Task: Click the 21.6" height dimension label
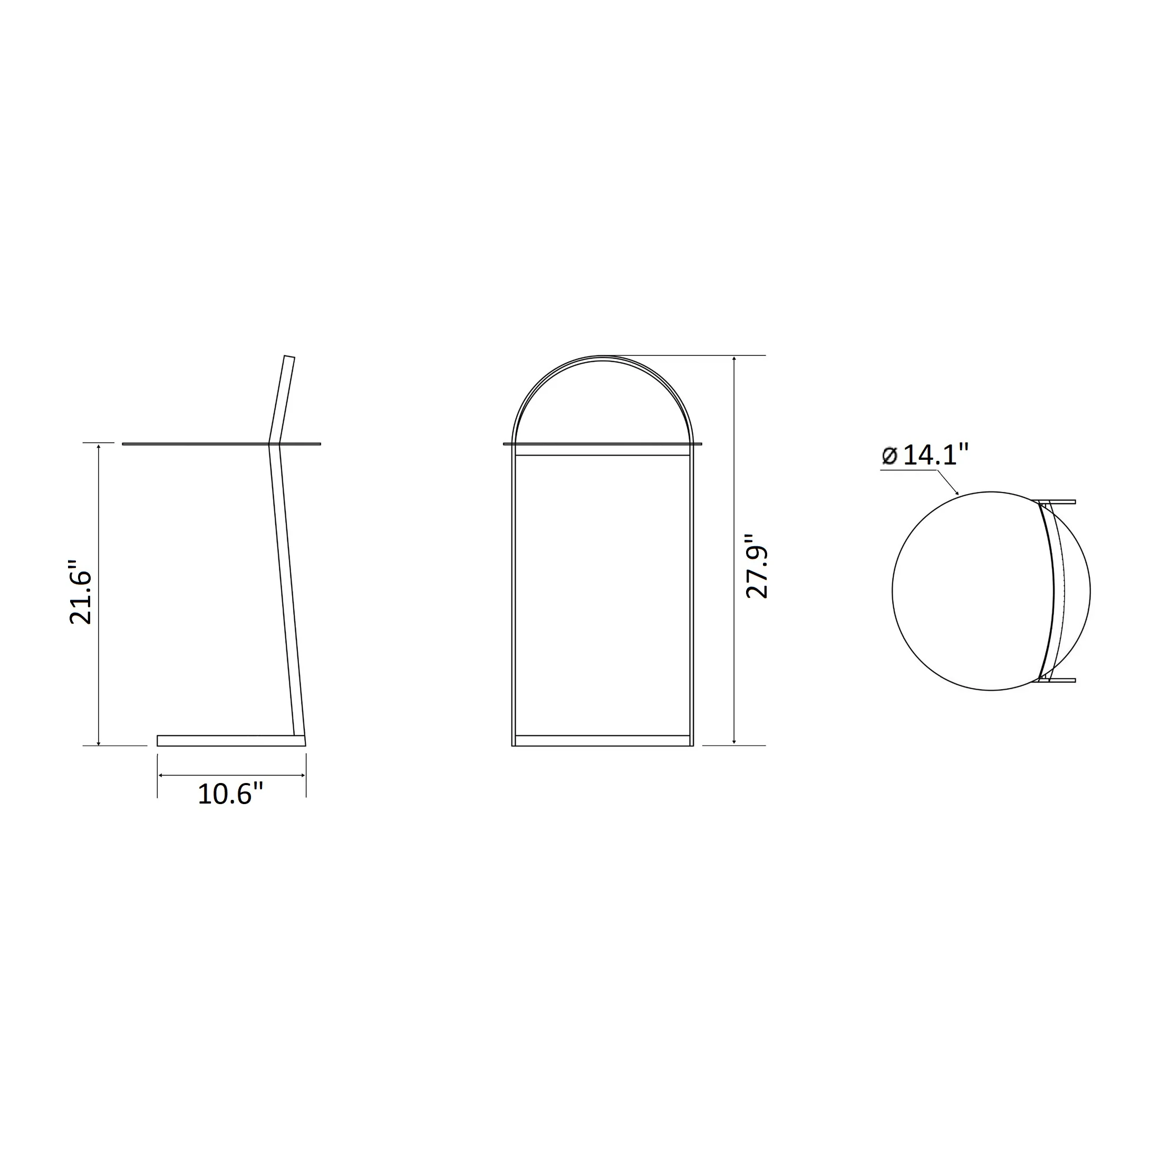click(81, 593)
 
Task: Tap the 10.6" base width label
click(230, 794)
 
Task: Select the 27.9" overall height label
click(757, 566)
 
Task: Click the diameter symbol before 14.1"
click(890, 456)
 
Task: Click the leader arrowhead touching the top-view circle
click(957, 492)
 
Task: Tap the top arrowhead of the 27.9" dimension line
click(734, 359)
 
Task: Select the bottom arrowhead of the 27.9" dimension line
click(734, 742)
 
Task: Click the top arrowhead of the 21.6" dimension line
click(99, 447)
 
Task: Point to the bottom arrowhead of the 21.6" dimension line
click(99, 742)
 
